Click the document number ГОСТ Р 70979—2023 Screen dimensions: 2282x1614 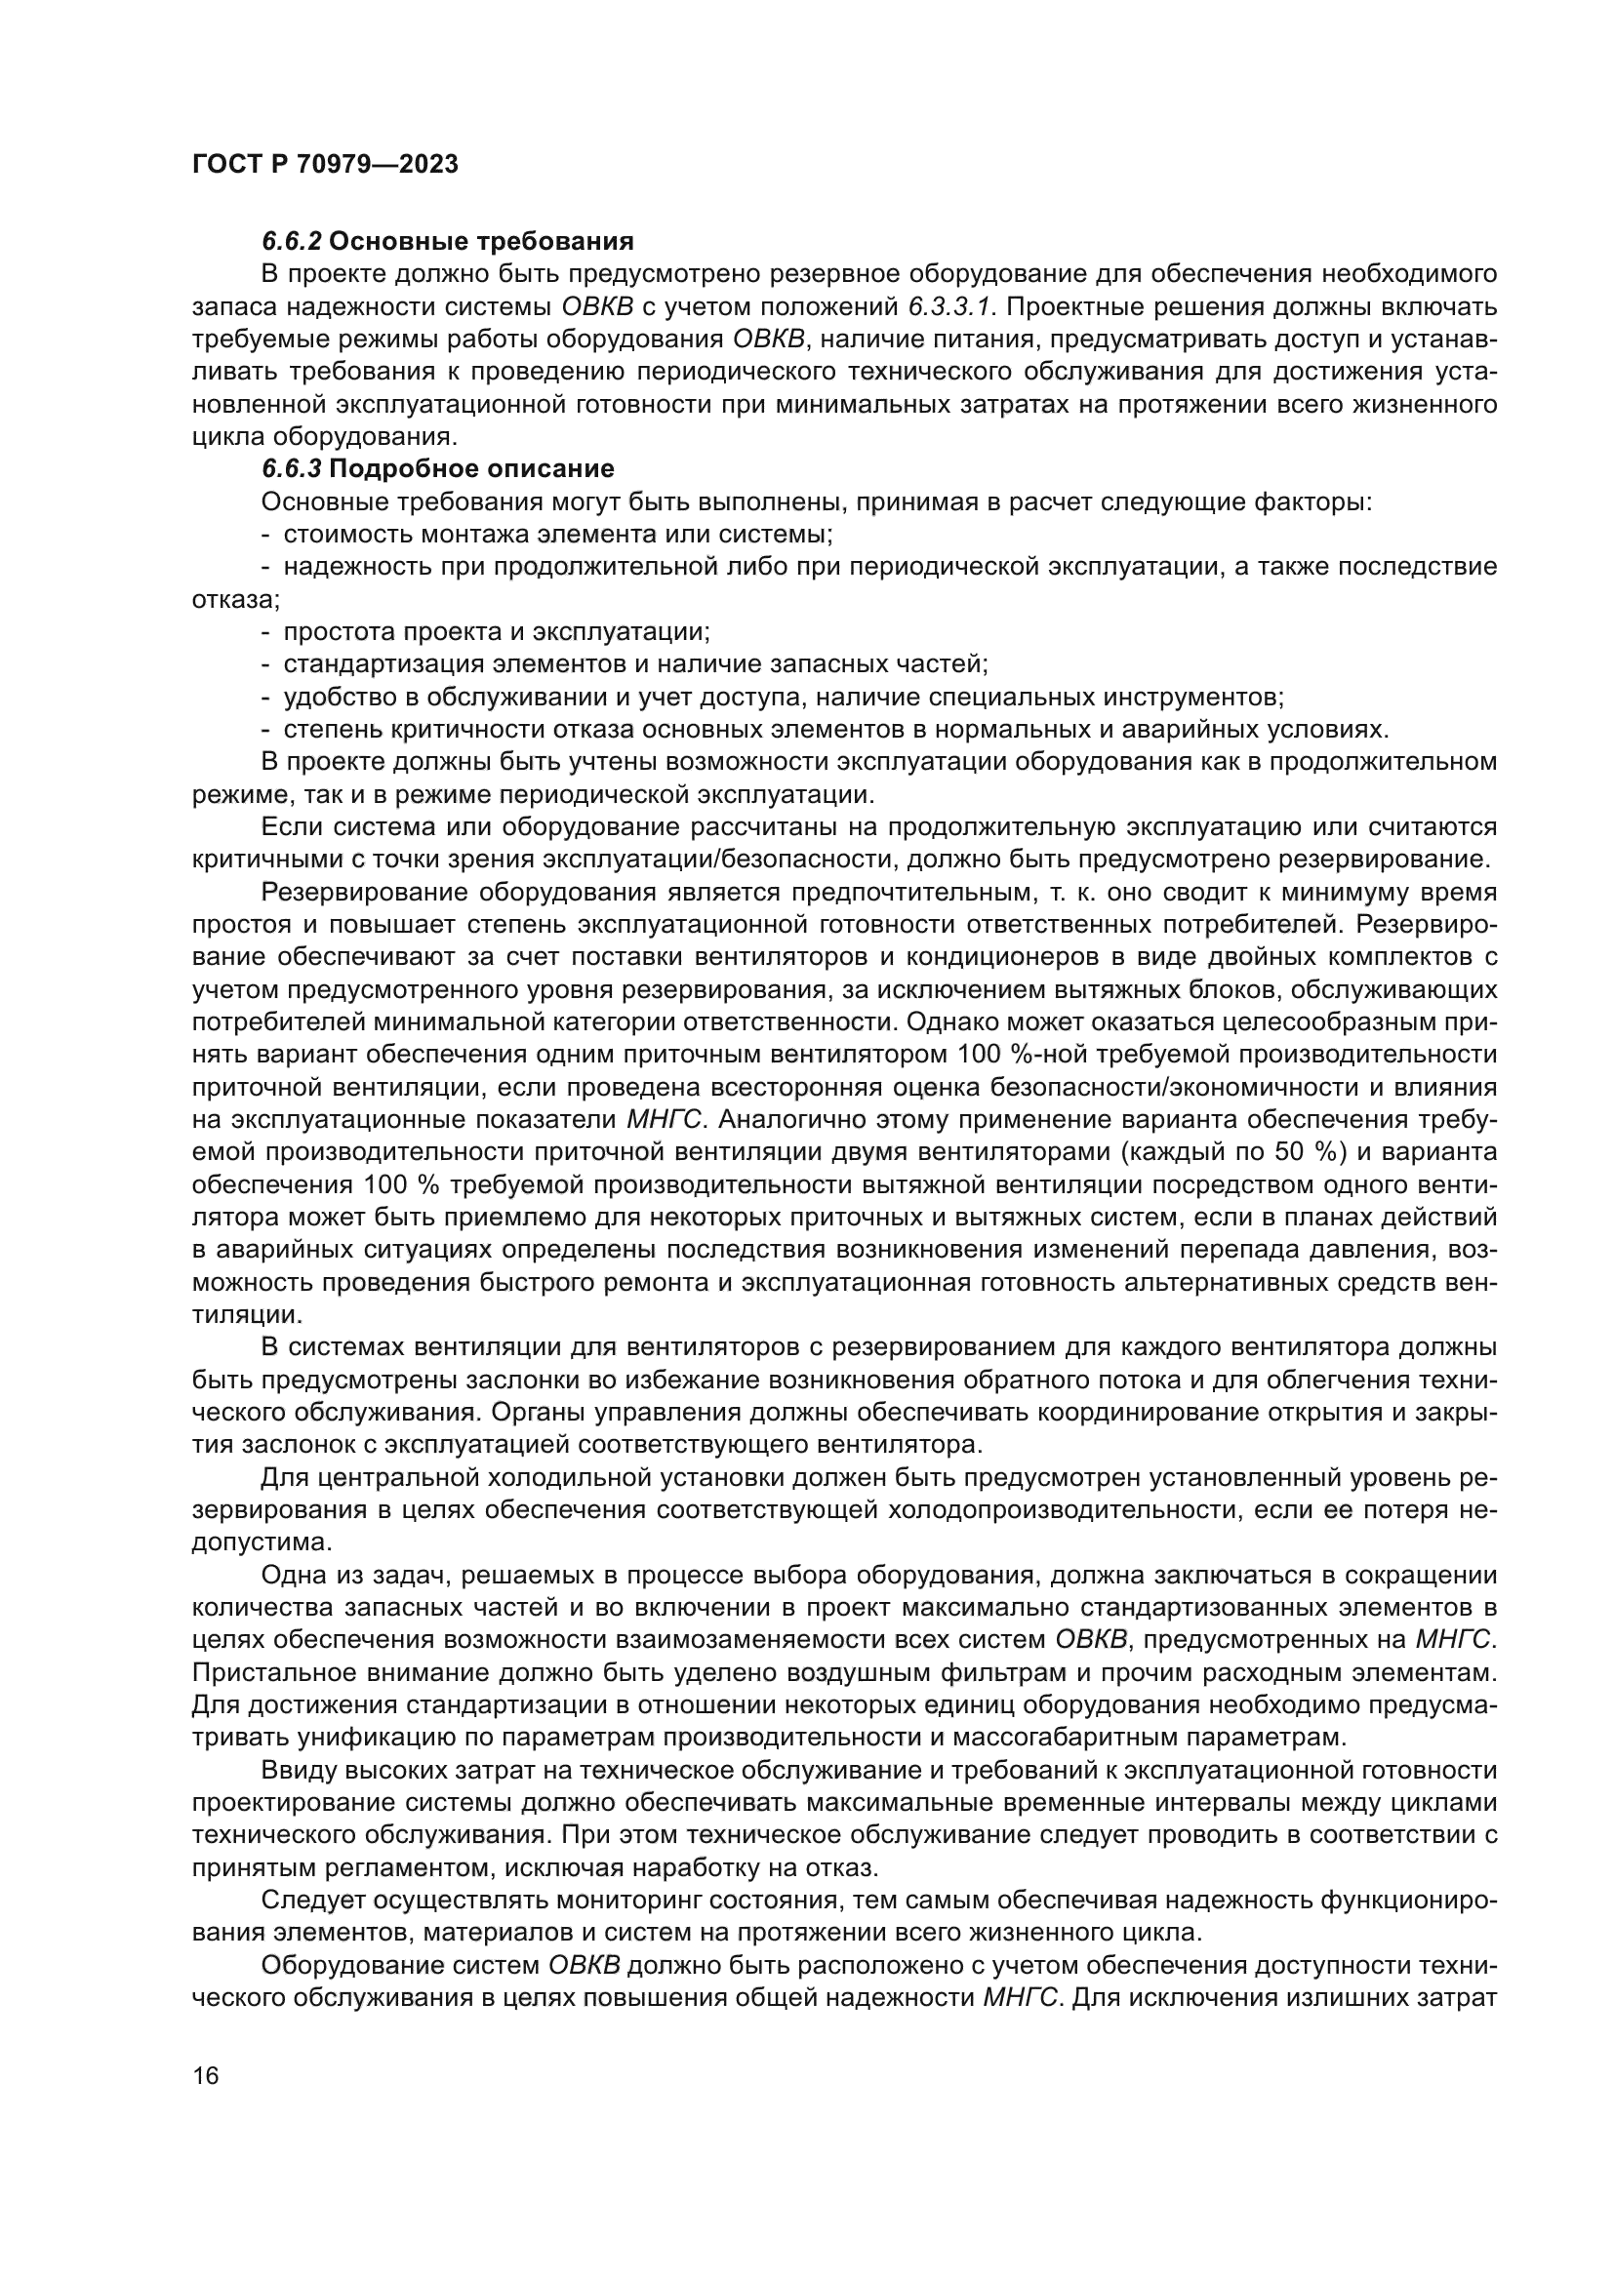(325, 165)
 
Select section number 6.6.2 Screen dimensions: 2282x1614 (291, 242)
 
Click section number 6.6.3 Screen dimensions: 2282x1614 (291, 469)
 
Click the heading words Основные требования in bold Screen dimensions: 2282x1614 (481, 242)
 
